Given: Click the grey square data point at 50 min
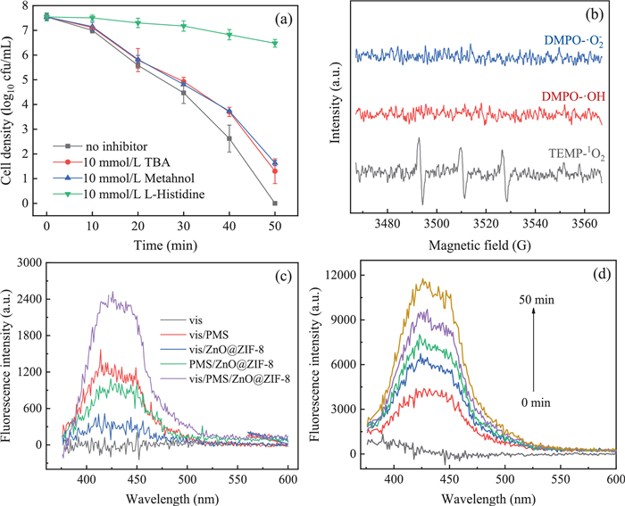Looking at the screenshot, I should pyautogui.click(x=275, y=203).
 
